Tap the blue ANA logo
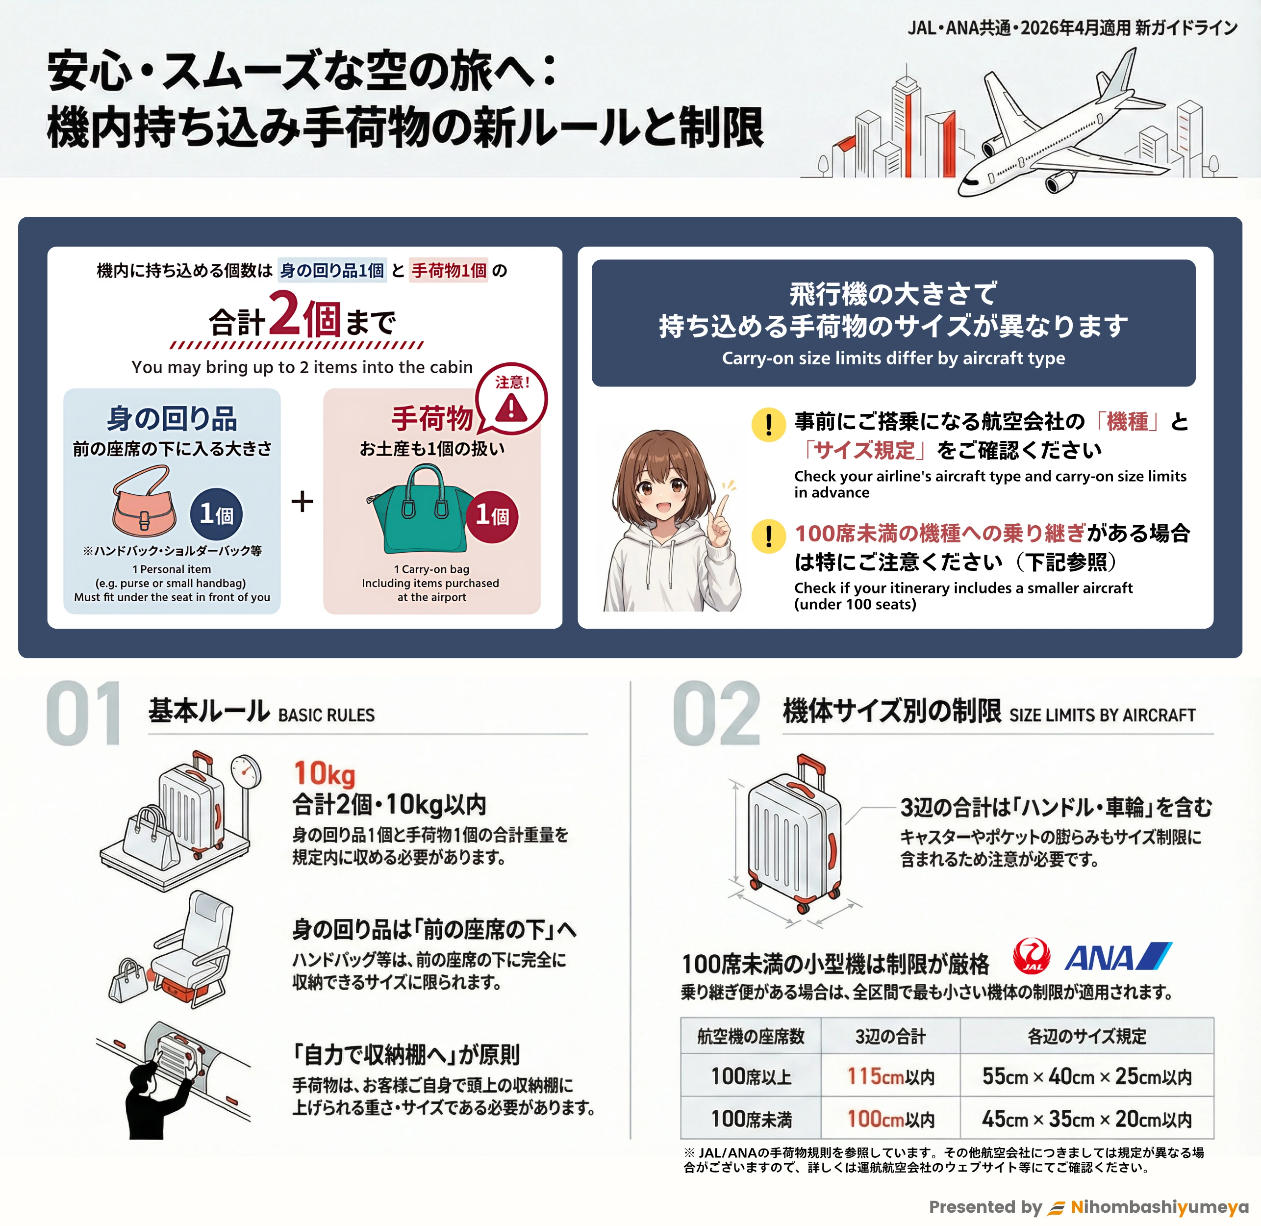coord(1118,956)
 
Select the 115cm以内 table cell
coord(890,1076)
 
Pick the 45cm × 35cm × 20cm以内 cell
coord(1086,1119)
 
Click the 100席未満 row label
coord(751,1119)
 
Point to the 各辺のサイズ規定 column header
coord(1086,1036)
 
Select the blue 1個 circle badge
coord(216,514)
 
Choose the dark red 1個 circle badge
coord(492,516)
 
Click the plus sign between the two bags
coord(302,501)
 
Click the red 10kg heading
coord(325,773)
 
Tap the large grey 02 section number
coord(716,714)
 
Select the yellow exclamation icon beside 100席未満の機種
coord(769,536)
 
